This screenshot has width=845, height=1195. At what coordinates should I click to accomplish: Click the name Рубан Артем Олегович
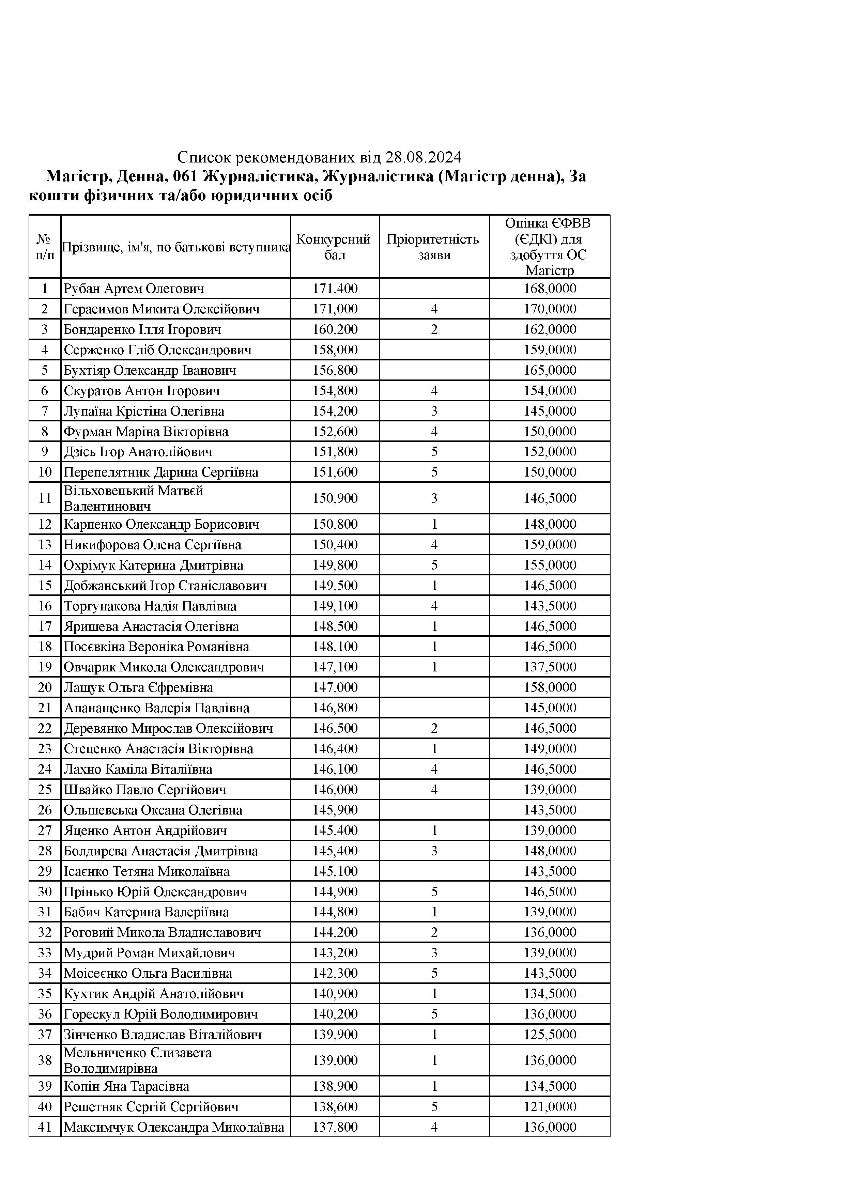pos(134,288)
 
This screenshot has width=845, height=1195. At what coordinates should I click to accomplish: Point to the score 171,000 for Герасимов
pos(335,309)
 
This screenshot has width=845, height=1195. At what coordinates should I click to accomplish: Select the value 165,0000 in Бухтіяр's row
pos(550,370)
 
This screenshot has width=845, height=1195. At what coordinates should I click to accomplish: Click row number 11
pos(45,498)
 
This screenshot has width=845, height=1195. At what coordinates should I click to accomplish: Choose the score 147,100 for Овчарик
pos(335,667)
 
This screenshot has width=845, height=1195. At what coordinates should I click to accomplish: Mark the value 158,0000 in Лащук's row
pos(550,687)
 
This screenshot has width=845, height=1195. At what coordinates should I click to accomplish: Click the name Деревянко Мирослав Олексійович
pos(168,728)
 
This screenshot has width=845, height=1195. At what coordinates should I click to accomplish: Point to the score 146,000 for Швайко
pos(335,790)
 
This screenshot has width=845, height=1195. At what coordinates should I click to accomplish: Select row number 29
pos(45,871)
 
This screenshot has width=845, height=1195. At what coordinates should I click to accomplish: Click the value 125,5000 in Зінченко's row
pos(550,1034)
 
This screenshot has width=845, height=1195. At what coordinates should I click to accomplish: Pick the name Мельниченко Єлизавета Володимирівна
pos(137,1060)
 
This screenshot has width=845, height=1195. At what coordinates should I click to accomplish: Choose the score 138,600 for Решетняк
pos(335,1106)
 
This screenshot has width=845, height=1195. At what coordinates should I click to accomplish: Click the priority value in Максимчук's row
pos(434,1127)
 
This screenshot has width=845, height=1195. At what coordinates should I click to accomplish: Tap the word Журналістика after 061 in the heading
pos(259,176)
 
